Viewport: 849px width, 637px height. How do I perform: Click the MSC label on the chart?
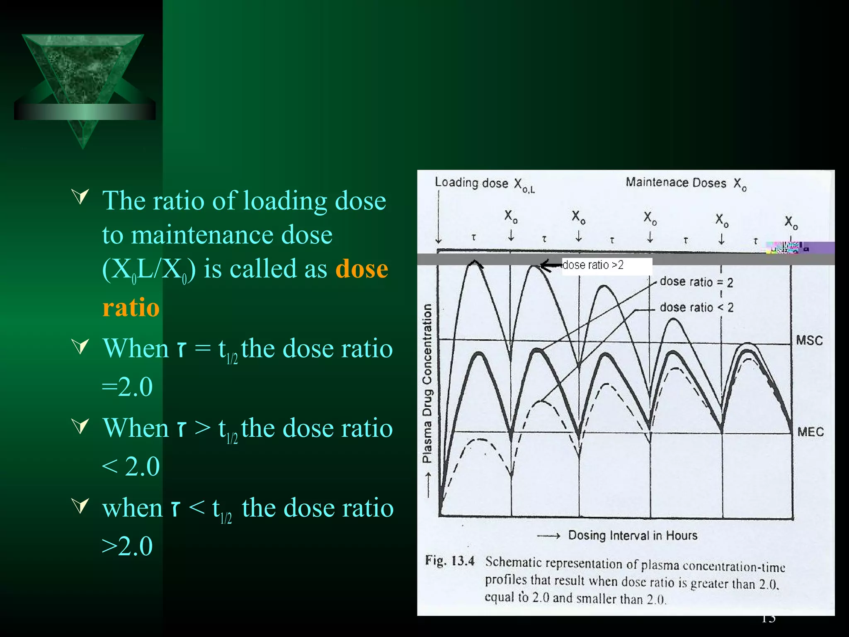coord(809,340)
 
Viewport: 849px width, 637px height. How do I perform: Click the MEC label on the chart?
coord(810,432)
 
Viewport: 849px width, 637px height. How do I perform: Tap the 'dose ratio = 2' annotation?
coord(696,282)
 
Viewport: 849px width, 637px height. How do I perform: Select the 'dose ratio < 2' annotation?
coord(696,307)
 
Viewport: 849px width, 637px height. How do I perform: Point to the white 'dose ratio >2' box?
coord(606,265)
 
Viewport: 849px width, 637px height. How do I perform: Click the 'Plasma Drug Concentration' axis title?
coord(427,384)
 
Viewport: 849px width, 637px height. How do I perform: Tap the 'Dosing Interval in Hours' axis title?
coord(633,535)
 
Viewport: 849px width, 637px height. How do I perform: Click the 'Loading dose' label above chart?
coord(471,183)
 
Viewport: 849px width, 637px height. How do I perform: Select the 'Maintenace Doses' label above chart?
coord(676,182)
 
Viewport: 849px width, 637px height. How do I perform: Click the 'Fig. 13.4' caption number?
coord(449,561)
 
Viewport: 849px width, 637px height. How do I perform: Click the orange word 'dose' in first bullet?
coord(361,269)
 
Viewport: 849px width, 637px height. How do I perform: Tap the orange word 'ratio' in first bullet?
coord(131,307)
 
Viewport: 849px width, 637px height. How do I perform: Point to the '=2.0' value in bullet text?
coord(128,387)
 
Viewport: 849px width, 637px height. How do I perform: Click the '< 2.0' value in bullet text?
coord(131,466)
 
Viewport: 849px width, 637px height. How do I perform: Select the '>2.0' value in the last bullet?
coord(128,546)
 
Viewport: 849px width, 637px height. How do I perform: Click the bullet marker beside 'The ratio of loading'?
coord(80,196)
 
